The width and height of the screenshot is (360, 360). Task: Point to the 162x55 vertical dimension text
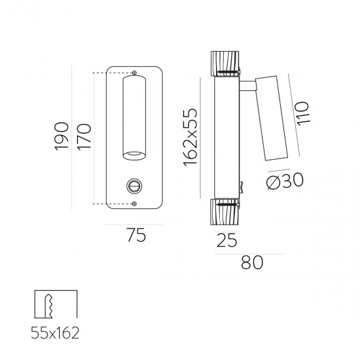click(191, 137)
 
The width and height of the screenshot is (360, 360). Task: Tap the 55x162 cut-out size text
click(55, 334)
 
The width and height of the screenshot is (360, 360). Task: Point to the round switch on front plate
click(135, 187)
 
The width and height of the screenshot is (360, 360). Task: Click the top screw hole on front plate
click(134, 72)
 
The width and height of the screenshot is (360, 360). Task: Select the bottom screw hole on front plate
click(134, 204)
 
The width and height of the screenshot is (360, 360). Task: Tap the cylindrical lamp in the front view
click(134, 118)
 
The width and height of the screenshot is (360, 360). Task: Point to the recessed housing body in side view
click(226, 137)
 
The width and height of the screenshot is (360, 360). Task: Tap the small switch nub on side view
click(243, 188)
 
